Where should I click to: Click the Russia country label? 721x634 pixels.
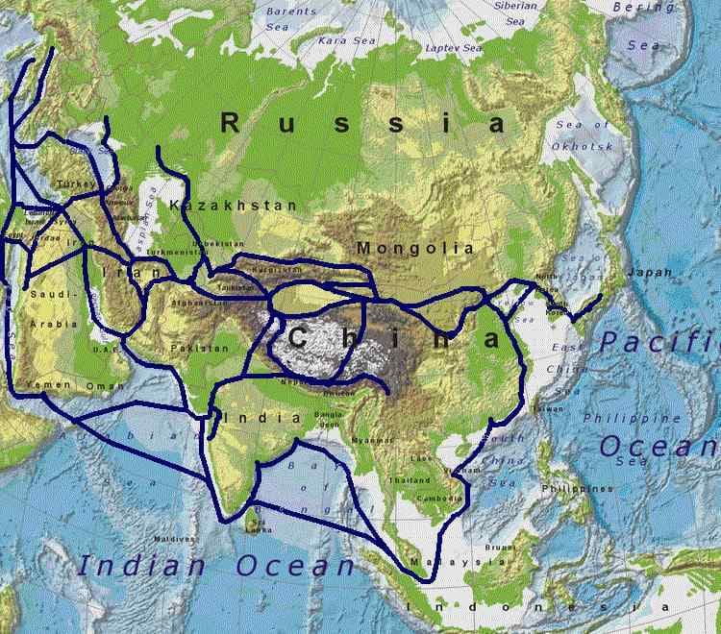tap(363, 123)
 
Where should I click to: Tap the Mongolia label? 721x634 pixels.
tap(416, 248)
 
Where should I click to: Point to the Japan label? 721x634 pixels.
tap(649, 273)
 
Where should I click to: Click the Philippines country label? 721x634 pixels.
tap(577, 489)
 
